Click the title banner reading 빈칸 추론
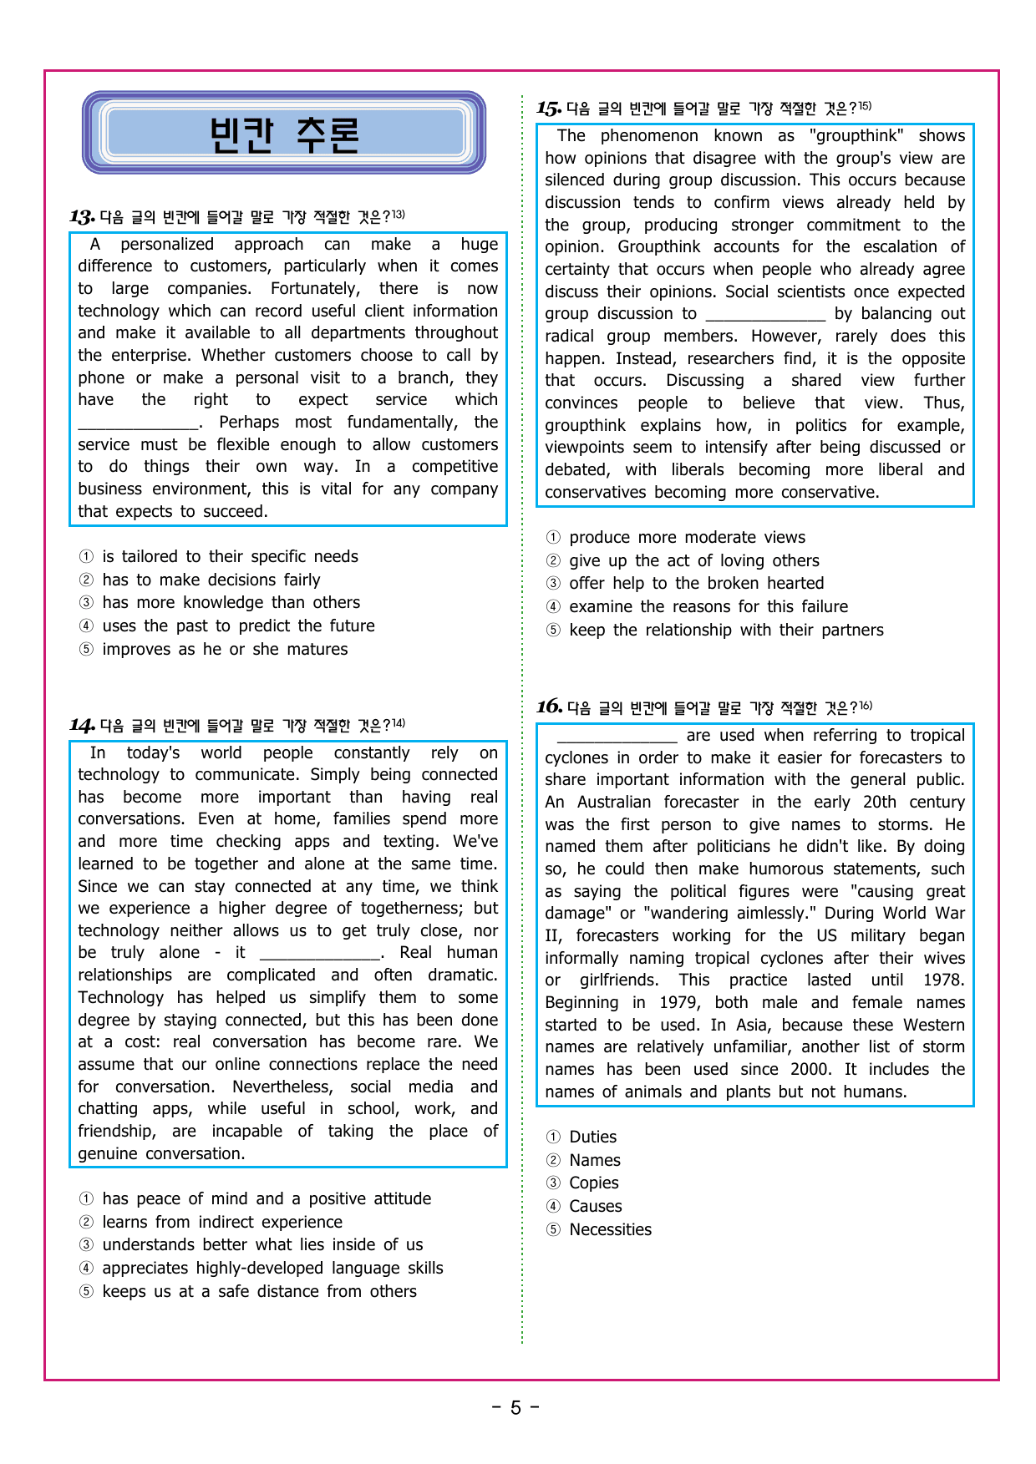click(x=284, y=134)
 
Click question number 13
click(x=82, y=218)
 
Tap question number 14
click(x=82, y=726)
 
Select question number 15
click(x=549, y=109)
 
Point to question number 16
click(x=549, y=707)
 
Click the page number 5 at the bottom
click(x=515, y=1408)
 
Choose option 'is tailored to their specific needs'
click(x=230, y=557)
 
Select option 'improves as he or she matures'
click(x=225, y=650)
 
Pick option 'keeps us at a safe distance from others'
click(x=259, y=1292)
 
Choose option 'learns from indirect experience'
click(x=222, y=1223)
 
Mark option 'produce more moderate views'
click(x=687, y=538)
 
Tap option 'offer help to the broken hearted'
click(x=696, y=584)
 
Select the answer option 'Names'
click(x=594, y=1161)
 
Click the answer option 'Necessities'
click(x=610, y=1230)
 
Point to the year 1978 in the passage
click(x=943, y=980)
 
